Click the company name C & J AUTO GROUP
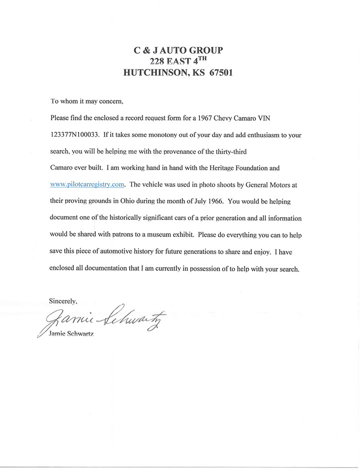pos(179,50)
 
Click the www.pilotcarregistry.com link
pos(87,184)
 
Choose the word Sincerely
pos(63,301)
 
